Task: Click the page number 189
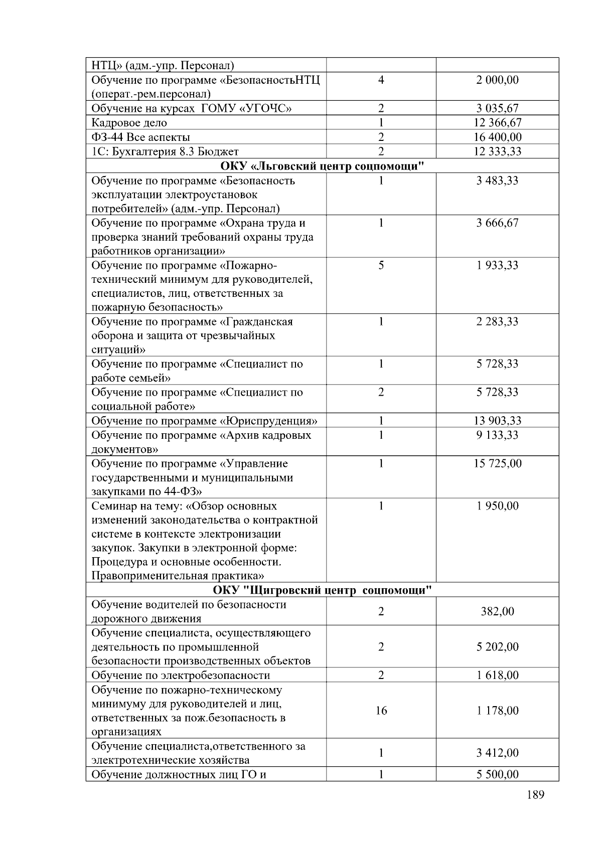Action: click(x=536, y=795)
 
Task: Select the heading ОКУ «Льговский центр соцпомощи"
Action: click(x=322, y=166)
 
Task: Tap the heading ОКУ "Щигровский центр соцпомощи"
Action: click(x=322, y=590)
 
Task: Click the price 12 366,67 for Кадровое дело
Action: click(x=498, y=123)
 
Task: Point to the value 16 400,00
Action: click(x=498, y=137)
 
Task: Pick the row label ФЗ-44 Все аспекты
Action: click(x=140, y=137)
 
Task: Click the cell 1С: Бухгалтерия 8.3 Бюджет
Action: click(x=165, y=151)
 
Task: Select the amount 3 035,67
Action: click(x=498, y=108)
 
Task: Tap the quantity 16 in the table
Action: click(x=381, y=711)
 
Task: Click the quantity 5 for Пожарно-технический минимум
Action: click(x=381, y=265)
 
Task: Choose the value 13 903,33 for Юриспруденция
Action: click(x=498, y=421)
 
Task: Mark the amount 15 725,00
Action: click(x=498, y=463)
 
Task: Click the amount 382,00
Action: click(x=498, y=611)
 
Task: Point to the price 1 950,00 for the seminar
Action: click(x=498, y=506)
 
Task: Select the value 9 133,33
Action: click(x=498, y=435)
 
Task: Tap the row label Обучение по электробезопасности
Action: click(x=181, y=675)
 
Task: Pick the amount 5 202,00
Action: click(x=498, y=647)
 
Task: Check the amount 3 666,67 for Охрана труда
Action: click(x=498, y=223)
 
